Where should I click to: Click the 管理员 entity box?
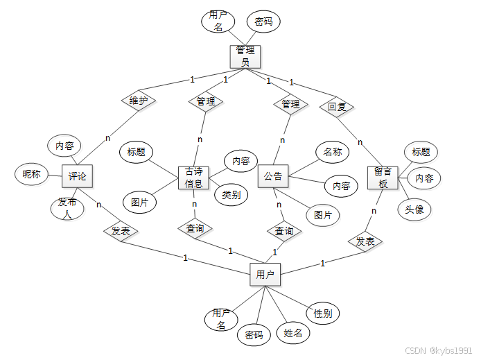(x=245, y=56)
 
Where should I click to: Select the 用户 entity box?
(x=265, y=275)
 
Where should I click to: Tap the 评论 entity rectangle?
(x=77, y=176)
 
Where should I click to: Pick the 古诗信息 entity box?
(x=194, y=178)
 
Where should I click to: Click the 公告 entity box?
(x=273, y=176)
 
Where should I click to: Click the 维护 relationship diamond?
(x=139, y=101)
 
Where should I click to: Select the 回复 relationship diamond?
(x=337, y=107)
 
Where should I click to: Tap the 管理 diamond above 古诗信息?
(x=206, y=101)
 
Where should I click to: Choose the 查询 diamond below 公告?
(x=283, y=230)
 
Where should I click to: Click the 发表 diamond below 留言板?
(x=365, y=241)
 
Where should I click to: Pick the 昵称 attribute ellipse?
(x=31, y=174)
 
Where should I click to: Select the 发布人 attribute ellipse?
(x=67, y=207)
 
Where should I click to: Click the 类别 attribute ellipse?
(x=231, y=195)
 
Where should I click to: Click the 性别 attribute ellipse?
(x=322, y=314)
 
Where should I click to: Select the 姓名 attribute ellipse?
(x=293, y=333)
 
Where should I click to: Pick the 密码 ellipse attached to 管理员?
(x=263, y=22)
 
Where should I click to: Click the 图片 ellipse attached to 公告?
(x=322, y=215)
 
